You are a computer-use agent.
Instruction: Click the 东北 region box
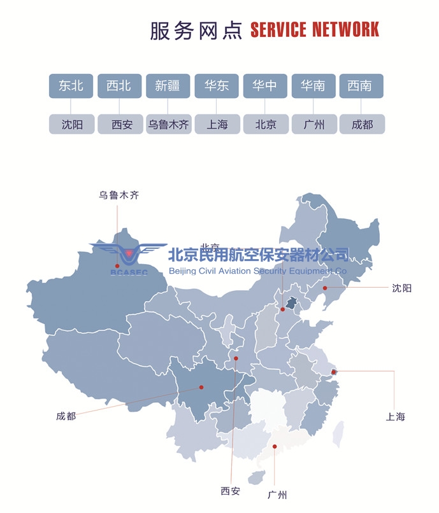[71, 86]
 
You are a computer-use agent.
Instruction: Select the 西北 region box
[119, 86]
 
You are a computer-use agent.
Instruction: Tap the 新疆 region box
[168, 86]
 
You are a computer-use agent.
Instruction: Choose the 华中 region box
[265, 86]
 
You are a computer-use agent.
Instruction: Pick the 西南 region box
[361, 86]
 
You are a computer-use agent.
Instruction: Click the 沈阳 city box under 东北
[71, 124]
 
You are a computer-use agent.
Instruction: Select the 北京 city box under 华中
[265, 124]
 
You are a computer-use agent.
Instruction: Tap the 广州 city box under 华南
[313, 124]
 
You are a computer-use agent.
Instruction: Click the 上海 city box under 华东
[217, 124]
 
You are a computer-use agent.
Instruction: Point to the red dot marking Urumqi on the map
[117, 266]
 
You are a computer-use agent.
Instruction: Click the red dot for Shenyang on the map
[324, 288]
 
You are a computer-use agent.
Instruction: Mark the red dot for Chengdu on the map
[201, 387]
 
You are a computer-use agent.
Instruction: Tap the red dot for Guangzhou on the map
[275, 447]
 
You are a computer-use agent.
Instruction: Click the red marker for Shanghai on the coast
[334, 372]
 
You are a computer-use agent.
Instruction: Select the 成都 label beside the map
[66, 416]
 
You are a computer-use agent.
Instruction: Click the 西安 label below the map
[231, 491]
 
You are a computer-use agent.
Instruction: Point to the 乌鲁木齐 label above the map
[119, 195]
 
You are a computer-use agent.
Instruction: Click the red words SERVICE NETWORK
[314, 30]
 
